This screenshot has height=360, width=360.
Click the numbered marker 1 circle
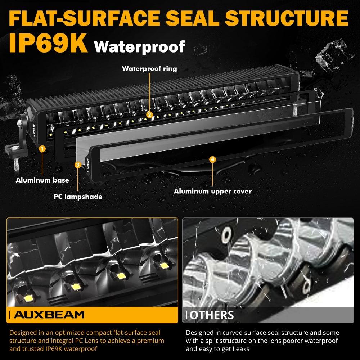point(42,148)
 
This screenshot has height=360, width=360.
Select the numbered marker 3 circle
point(78,165)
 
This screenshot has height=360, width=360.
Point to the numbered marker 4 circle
point(212,159)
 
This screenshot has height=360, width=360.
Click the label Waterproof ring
point(149,68)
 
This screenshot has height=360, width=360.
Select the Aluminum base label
point(42,180)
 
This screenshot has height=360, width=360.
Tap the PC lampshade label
point(78,197)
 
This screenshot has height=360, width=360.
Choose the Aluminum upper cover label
point(213,191)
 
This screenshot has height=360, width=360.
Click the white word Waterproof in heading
point(139,46)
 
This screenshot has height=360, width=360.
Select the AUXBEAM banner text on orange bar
point(49,315)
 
